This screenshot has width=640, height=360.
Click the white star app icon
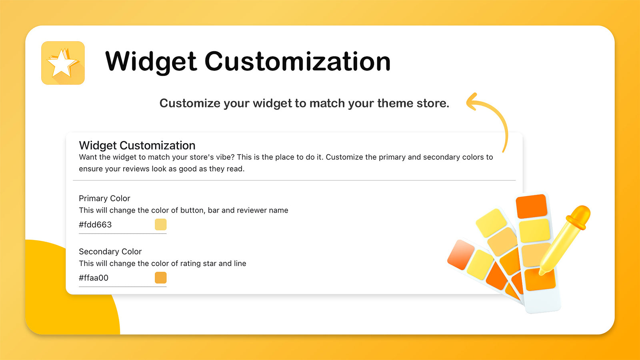pyautogui.click(x=63, y=63)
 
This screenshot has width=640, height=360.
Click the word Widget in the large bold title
pyautogui.click(x=151, y=62)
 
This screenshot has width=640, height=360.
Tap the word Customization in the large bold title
pyautogui.click(x=298, y=61)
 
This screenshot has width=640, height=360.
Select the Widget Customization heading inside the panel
pyautogui.click(x=137, y=146)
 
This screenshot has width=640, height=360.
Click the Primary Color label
pyautogui.click(x=104, y=198)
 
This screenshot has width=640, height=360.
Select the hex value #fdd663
pyautogui.click(x=96, y=224)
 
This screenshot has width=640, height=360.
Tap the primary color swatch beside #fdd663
pyautogui.click(x=160, y=224)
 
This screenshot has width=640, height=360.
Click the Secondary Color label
pyautogui.click(x=110, y=252)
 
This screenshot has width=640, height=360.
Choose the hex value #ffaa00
pyautogui.click(x=94, y=278)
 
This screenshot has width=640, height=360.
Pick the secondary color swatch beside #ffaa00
pyautogui.click(x=160, y=278)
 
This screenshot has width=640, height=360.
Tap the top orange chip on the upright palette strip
pyautogui.click(x=532, y=206)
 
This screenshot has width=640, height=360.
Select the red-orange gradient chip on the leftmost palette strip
pyautogui.click(x=460, y=255)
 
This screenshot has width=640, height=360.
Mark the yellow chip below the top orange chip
pyautogui.click(x=534, y=231)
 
